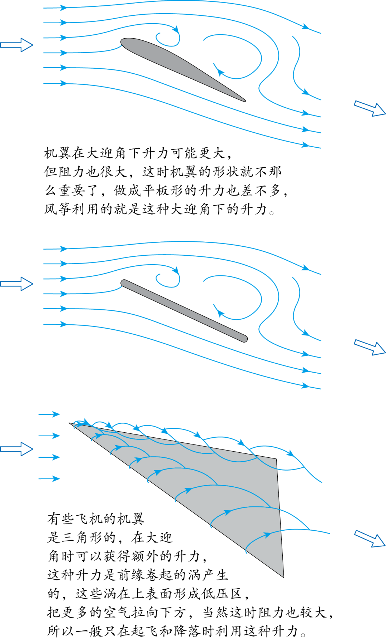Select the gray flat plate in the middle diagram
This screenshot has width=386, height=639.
click(184, 311)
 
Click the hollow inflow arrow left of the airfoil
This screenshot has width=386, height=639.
click(16, 45)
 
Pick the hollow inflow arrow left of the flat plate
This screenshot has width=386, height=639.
click(16, 284)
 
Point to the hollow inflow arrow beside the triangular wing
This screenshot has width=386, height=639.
click(16, 449)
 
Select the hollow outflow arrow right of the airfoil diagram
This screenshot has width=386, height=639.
click(370, 108)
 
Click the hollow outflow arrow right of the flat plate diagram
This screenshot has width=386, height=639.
click(370, 347)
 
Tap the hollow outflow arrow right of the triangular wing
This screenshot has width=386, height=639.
click(370, 539)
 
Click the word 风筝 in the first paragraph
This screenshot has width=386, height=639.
click(58, 209)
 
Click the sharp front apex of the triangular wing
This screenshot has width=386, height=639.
click(69, 423)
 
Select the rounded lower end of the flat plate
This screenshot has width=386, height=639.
click(244, 339)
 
